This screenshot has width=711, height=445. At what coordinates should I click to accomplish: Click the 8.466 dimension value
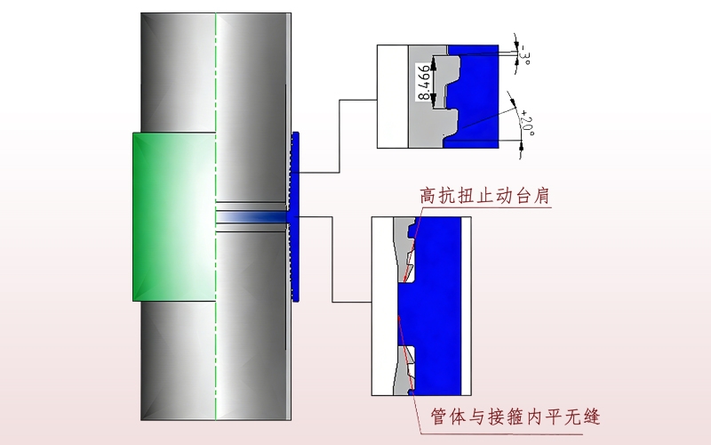click(x=424, y=85)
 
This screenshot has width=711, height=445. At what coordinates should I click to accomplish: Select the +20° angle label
click(x=526, y=124)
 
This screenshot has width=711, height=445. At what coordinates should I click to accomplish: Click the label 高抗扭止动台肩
click(x=485, y=194)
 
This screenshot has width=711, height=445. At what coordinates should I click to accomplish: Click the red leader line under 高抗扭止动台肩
click(x=498, y=207)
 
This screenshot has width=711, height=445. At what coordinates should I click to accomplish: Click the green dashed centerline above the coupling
click(x=216, y=71)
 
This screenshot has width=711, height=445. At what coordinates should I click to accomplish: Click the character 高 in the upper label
click(x=429, y=194)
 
